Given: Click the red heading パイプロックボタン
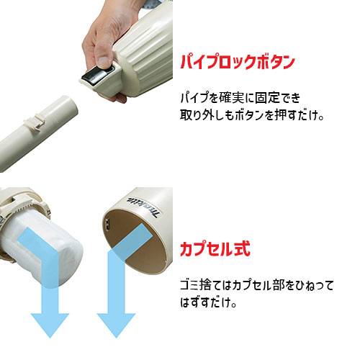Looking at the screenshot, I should [x=238, y=63].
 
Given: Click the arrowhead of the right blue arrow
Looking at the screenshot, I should [x=114, y=323].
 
